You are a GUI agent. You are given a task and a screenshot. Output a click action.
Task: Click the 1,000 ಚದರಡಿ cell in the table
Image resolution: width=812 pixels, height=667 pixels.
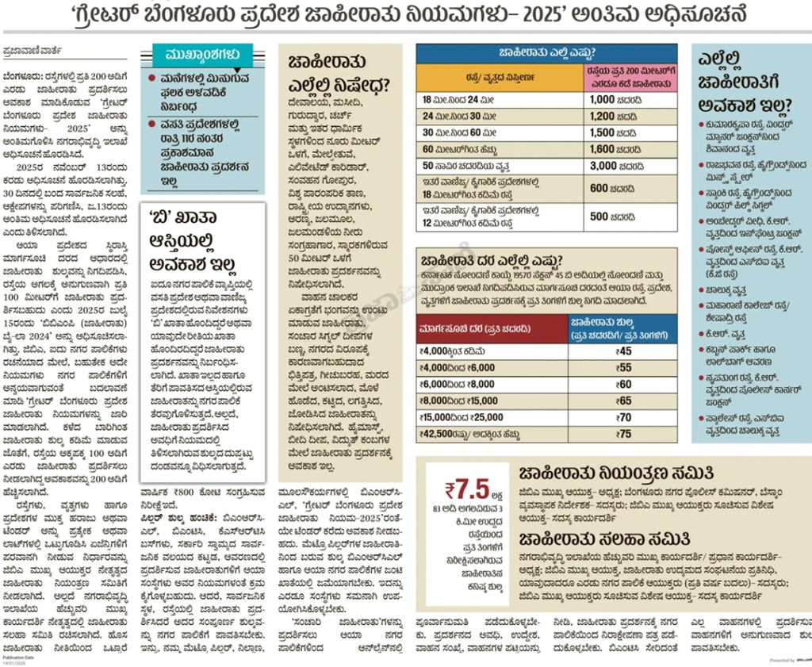[614, 100]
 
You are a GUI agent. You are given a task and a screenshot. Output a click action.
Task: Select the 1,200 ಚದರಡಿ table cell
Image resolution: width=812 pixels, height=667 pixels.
[614, 116]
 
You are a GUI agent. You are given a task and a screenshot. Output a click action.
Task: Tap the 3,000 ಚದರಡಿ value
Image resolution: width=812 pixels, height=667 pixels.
[615, 165]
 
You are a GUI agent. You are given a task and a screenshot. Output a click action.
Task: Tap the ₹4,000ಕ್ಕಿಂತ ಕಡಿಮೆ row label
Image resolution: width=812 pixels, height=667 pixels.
[455, 351]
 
